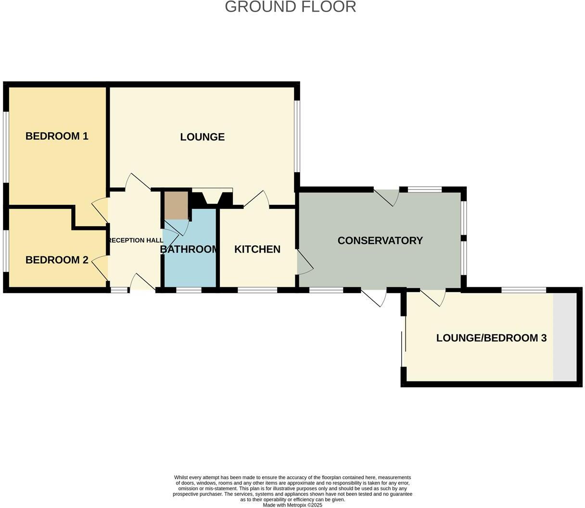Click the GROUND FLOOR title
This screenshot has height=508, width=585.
coord(290,7)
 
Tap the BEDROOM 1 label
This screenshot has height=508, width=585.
coord(57,136)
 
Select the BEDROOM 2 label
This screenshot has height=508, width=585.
coord(57,260)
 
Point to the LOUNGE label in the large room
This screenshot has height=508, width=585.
coord(202,137)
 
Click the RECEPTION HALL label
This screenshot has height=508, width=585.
coord(136,241)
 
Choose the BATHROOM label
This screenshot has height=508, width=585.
coord(190,249)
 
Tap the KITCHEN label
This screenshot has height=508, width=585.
coord(257,249)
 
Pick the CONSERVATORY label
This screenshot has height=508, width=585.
coord(380,241)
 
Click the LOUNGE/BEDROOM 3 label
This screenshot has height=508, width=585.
coord(491,338)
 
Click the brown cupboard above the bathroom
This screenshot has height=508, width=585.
coord(176,205)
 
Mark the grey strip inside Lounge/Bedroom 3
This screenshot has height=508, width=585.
coord(564,337)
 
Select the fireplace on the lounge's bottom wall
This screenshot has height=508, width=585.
coord(212,198)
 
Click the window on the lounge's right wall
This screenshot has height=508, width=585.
coord(297,136)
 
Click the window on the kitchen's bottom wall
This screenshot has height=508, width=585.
coord(257,290)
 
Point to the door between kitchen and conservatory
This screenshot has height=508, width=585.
coord(304,263)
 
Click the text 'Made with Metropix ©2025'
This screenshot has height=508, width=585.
coord(292,505)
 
